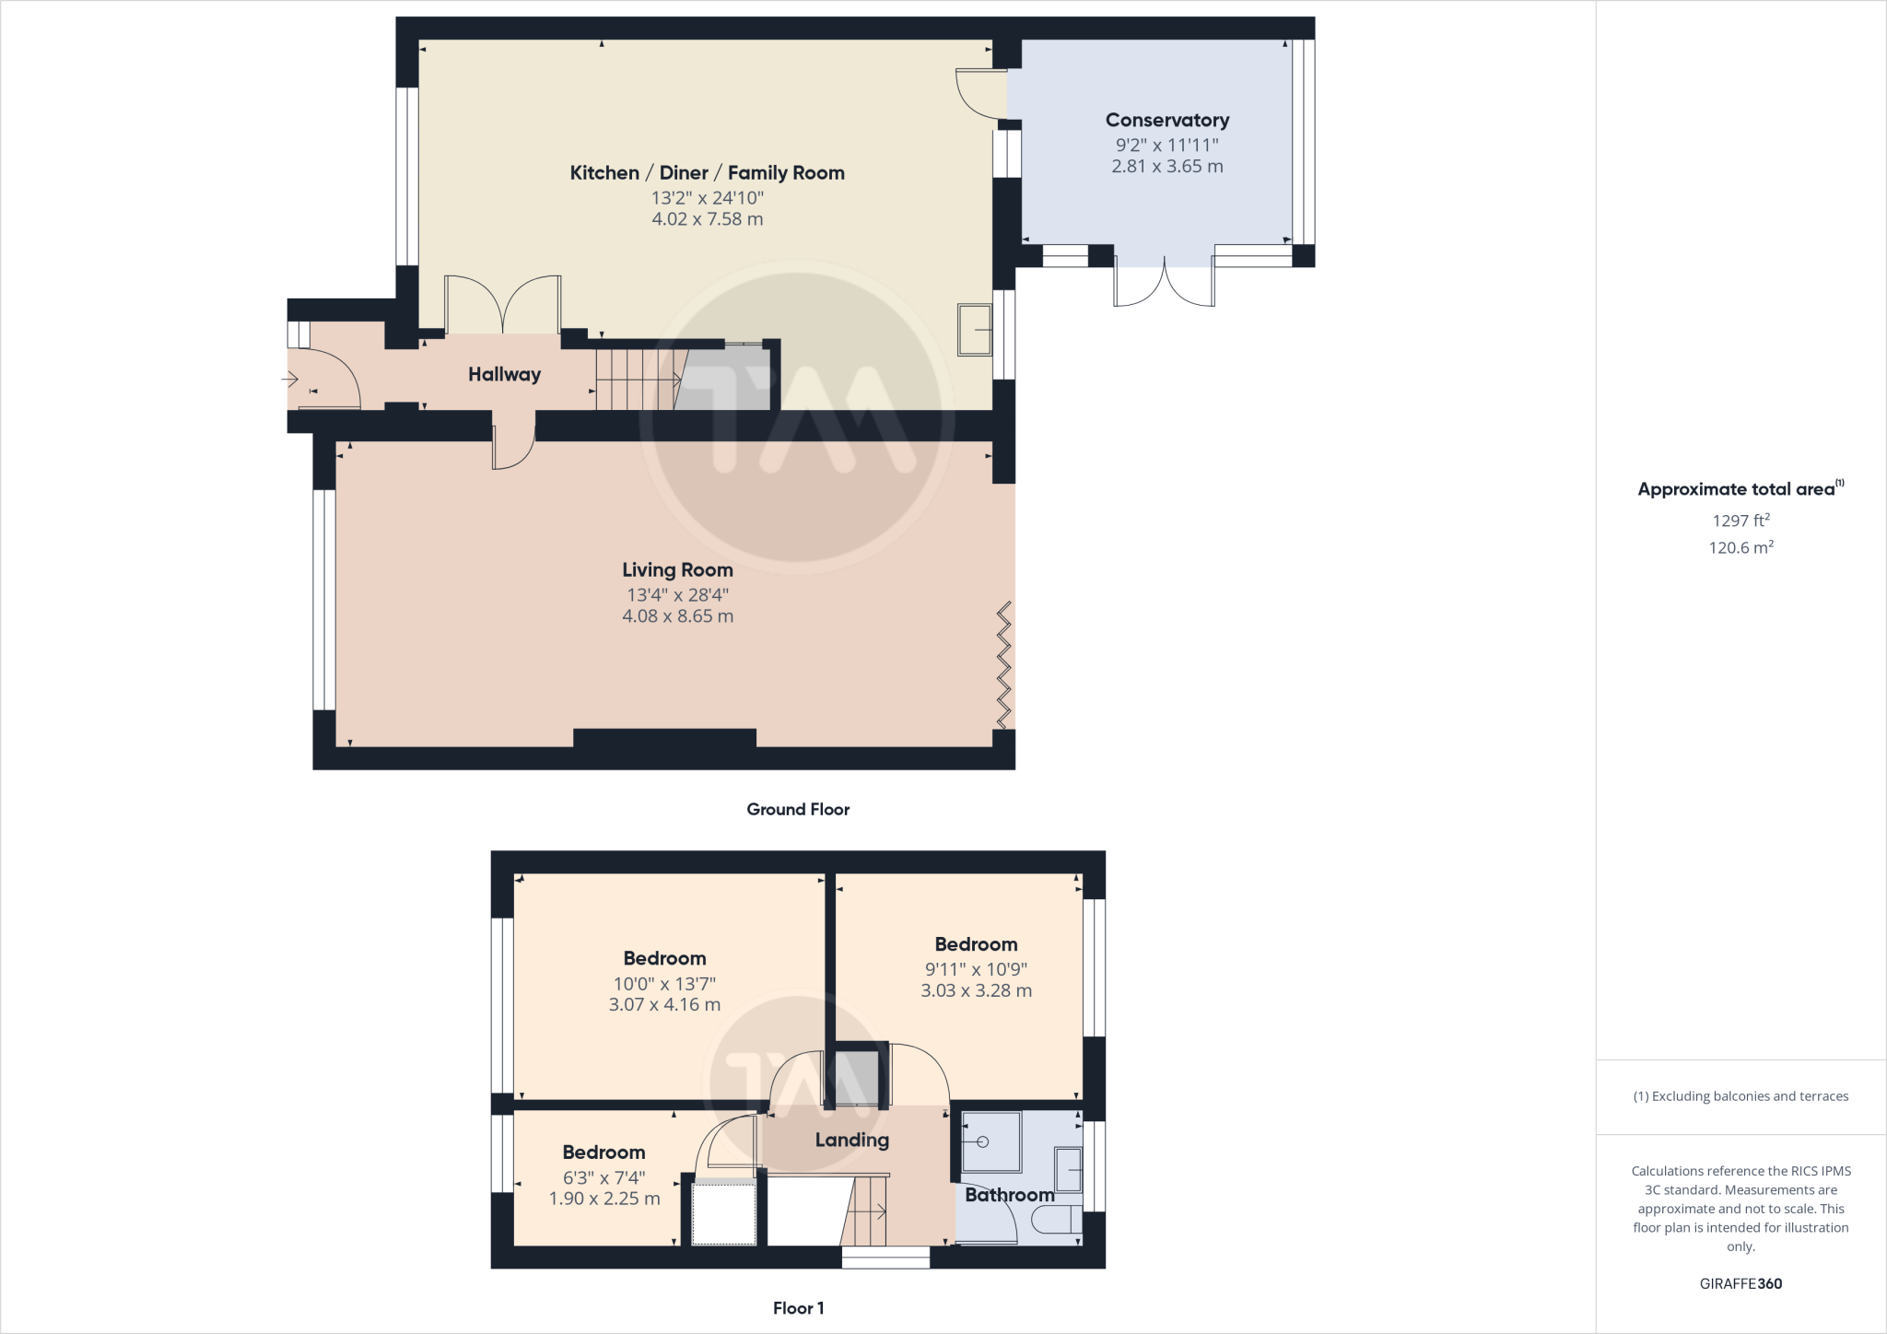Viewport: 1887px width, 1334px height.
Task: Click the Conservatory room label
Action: click(x=1166, y=120)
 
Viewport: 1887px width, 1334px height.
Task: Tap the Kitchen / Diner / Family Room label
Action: click(x=707, y=172)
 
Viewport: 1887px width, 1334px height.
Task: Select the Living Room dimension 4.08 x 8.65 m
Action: click(x=677, y=616)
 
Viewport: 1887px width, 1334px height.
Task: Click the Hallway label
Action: click(x=504, y=374)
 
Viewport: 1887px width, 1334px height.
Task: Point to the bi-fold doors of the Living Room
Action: click(x=1004, y=664)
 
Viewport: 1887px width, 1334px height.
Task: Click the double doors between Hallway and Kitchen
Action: click(x=503, y=306)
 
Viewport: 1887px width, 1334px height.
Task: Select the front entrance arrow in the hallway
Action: click(x=290, y=379)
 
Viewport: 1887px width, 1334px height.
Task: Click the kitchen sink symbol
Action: click(x=975, y=329)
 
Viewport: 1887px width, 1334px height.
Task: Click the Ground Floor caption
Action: click(x=798, y=809)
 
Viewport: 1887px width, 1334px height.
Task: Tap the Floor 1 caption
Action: click(x=798, y=1307)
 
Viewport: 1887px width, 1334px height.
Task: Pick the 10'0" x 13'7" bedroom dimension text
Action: click(x=664, y=983)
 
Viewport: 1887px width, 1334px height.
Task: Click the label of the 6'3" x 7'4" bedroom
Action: click(x=604, y=1152)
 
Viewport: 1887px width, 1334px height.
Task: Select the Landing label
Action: click(x=851, y=1140)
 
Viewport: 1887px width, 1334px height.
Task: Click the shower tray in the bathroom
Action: click(x=990, y=1142)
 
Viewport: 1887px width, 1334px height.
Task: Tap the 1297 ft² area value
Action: click(x=1740, y=521)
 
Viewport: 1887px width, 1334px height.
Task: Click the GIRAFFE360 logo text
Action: click(x=1740, y=1283)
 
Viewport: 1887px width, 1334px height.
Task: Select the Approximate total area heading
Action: click(x=1737, y=489)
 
